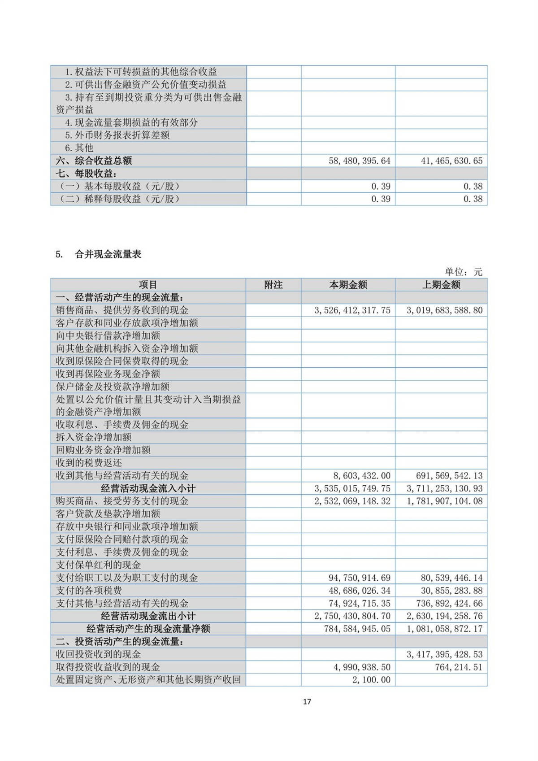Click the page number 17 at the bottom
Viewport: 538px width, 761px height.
click(x=307, y=702)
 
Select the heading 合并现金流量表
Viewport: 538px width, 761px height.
click(x=108, y=254)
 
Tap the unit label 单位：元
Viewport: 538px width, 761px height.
click(x=464, y=272)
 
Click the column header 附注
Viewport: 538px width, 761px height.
click(x=273, y=285)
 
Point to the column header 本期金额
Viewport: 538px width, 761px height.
click(x=348, y=285)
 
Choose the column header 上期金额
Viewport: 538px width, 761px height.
click(x=441, y=285)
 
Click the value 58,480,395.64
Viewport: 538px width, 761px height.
click(x=360, y=161)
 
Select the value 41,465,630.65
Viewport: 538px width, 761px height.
click(x=451, y=161)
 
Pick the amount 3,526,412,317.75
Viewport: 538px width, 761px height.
click(x=352, y=310)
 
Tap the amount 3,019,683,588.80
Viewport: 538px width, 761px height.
click(x=445, y=310)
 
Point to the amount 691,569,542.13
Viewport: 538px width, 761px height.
click(x=449, y=475)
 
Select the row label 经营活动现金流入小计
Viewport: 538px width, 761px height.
click(x=148, y=488)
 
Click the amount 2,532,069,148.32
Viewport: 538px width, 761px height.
click(x=352, y=501)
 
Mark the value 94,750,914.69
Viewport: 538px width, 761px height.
click(x=360, y=578)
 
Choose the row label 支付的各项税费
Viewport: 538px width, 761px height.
click(x=89, y=591)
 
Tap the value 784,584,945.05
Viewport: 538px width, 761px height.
click(x=357, y=629)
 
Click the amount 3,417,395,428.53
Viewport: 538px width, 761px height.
click(x=445, y=654)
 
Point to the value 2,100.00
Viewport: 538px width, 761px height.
click(x=371, y=680)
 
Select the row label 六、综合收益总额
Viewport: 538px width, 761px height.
click(x=94, y=161)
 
